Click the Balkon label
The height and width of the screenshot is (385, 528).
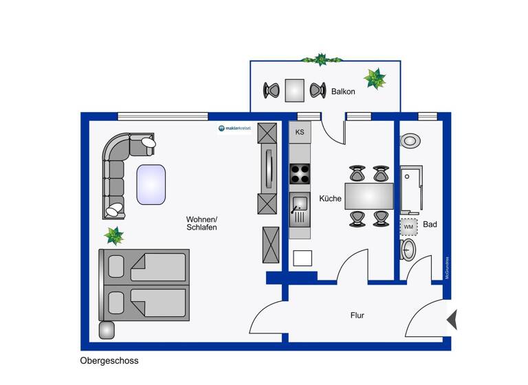tap(343, 91)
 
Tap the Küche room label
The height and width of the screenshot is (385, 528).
tap(330, 199)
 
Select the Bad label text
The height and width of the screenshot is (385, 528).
tap(430, 224)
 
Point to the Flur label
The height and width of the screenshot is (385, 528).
tap(357, 316)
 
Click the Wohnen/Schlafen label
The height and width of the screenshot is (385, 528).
tap(201, 223)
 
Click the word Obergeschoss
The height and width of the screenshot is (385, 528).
tap(109, 360)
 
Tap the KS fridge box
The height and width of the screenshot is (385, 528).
tap(300, 131)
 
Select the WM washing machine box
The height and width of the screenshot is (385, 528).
tap(408, 226)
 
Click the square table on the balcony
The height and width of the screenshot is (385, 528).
tap(295, 89)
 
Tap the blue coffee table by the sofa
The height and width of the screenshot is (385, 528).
tap(151, 184)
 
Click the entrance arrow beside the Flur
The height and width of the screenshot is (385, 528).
tap(452, 320)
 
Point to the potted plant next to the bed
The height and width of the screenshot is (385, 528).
tap(113, 236)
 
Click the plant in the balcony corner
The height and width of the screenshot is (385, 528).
tap(375, 78)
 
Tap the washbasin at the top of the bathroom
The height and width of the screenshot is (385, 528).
tap(410, 141)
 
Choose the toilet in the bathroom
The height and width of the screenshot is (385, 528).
tap(407, 249)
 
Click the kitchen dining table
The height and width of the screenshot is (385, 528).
tap(369, 195)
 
